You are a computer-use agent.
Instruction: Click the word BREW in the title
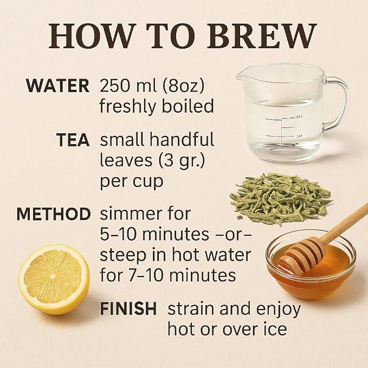(262, 36)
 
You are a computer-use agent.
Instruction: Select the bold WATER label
(58, 86)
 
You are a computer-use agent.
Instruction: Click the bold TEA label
(73, 140)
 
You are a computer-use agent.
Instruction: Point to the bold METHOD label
(54, 214)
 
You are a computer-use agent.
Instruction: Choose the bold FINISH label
(128, 309)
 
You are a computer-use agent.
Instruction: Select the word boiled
(188, 106)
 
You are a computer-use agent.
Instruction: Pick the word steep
(122, 256)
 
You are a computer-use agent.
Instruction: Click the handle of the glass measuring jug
(339, 104)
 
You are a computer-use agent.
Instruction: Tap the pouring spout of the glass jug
(241, 77)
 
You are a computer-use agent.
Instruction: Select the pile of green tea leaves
(280, 199)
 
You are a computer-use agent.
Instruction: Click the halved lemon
(54, 279)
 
